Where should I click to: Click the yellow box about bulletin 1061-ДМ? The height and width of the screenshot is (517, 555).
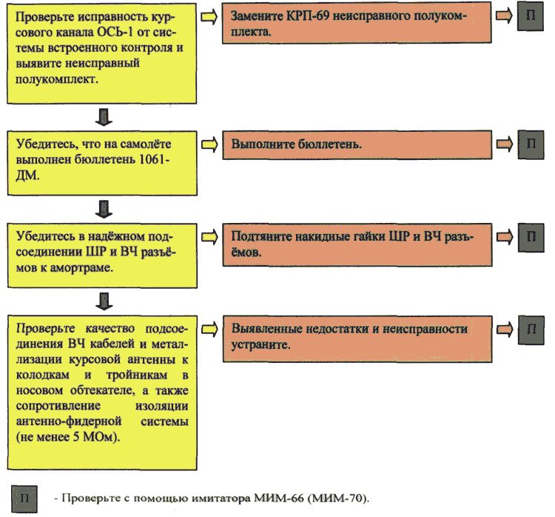point(102,164)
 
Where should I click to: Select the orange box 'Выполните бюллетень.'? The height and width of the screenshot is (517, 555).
point(357,144)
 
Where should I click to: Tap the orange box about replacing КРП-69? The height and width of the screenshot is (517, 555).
point(357,23)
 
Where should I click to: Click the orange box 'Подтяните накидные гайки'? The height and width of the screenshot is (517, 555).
point(357,244)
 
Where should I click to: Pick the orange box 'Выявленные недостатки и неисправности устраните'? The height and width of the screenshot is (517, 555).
point(357,338)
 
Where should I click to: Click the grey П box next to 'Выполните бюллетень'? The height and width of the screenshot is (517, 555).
point(531,144)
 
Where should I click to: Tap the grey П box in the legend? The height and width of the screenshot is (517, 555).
point(24,499)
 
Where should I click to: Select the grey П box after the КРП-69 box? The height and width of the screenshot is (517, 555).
point(531,16)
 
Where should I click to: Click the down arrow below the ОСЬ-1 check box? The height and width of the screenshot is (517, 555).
point(104,117)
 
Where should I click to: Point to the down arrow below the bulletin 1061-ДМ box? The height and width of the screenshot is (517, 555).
point(104,209)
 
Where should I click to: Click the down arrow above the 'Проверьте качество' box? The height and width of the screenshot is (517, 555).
point(104,301)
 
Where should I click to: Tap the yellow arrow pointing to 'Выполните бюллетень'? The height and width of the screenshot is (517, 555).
point(209,144)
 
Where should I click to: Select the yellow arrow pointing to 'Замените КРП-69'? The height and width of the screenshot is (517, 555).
point(209,16)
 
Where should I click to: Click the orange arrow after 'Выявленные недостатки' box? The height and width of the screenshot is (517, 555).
point(505,329)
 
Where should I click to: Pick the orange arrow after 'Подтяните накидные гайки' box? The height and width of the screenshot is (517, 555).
point(505,237)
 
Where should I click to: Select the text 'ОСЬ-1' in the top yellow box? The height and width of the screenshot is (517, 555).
point(115,33)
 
